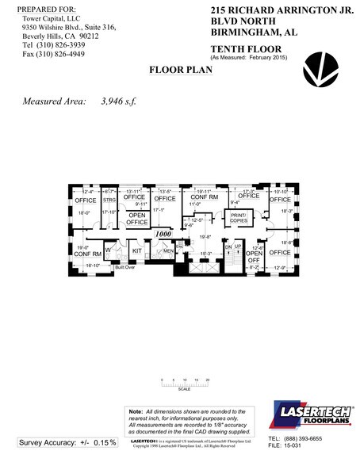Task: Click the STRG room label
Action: pyautogui.click(x=110, y=201)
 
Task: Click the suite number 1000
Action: pyautogui.click(x=164, y=235)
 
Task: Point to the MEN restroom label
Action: pyautogui.click(x=169, y=251)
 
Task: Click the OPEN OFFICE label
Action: pyautogui.click(x=137, y=219)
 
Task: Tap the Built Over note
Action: pyautogui.click(x=124, y=268)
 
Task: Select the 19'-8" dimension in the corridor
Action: pyautogui.click(x=204, y=236)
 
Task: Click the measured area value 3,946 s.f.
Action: pyautogui.click(x=120, y=102)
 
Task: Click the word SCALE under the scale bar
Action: pyautogui.click(x=184, y=389)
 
